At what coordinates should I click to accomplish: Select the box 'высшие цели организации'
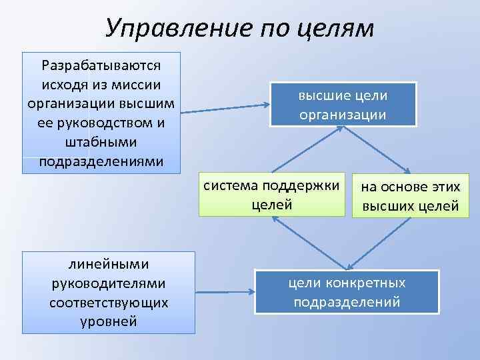coord(343,104)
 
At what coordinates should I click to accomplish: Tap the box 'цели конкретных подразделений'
coord(347,292)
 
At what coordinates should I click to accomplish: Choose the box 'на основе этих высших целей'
coord(410,197)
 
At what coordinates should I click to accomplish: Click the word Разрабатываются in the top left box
coord(101,65)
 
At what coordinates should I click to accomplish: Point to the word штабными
coord(101,143)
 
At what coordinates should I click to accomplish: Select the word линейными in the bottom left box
coord(108,265)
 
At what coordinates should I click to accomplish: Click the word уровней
coord(108,321)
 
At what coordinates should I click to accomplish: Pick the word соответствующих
coord(108,303)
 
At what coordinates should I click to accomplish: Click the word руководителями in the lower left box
coord(108,283)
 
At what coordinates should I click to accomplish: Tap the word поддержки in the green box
coord(311,186)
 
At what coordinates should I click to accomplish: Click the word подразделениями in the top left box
coord(101,162)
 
